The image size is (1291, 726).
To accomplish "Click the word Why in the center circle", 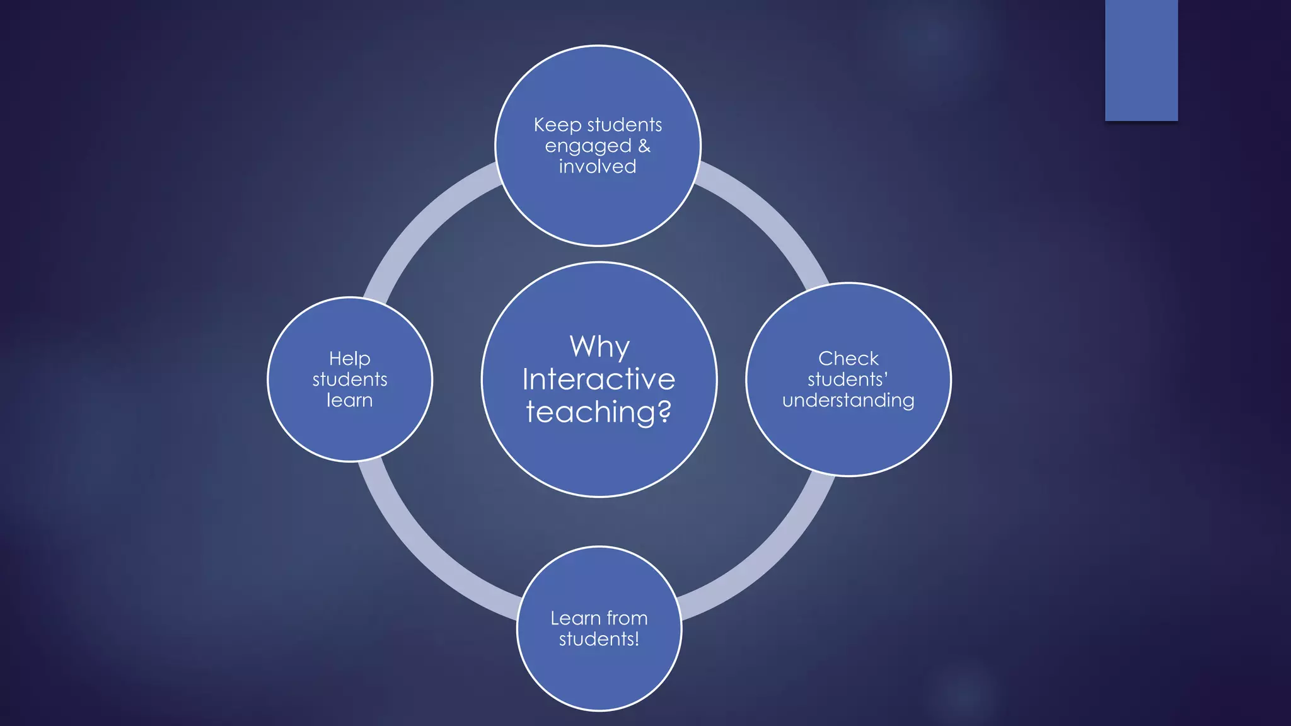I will coord(599,347).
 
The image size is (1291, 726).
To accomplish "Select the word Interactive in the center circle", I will coord(599,379).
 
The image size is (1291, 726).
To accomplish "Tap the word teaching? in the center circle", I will coord(599,412).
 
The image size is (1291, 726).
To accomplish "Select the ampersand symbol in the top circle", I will coord(644,146).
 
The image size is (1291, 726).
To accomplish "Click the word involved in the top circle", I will coord(598,167).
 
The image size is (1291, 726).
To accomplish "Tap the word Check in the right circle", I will coord(848,359).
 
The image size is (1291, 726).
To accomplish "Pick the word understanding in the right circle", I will coord(848,401).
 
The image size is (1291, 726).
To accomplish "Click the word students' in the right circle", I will coord(848,379).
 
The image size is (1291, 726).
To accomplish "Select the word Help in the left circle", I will coord(350,359).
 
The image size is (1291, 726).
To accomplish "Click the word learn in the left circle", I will coord(350,401).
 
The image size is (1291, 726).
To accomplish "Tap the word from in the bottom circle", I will coord(627,618).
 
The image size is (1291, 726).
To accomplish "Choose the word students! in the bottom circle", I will coord(599,639).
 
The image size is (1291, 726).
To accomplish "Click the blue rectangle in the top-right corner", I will coord(1141,60).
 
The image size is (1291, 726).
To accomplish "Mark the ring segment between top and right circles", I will coord(769,214).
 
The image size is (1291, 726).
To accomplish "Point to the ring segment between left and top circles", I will coord(429,214).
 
